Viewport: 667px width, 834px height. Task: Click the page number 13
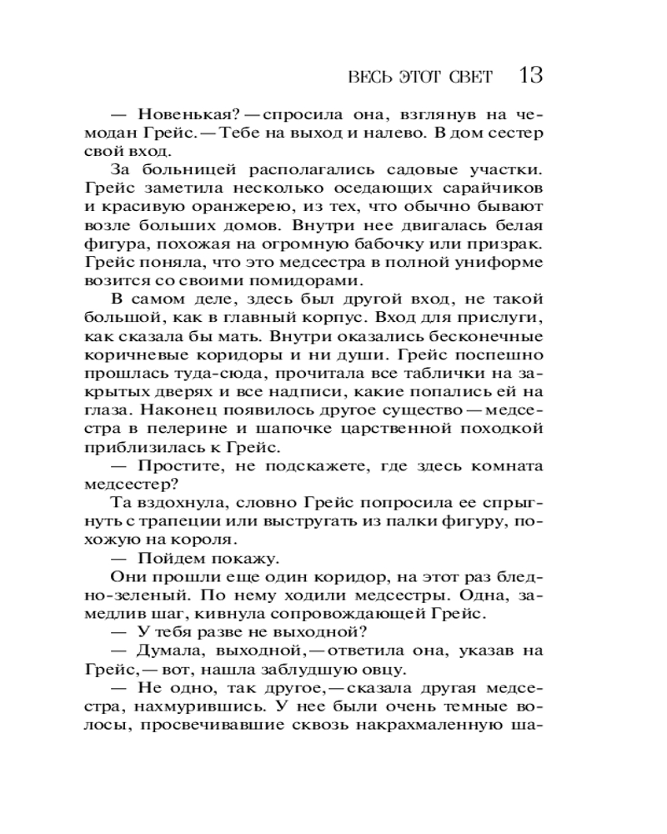point(531,76)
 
